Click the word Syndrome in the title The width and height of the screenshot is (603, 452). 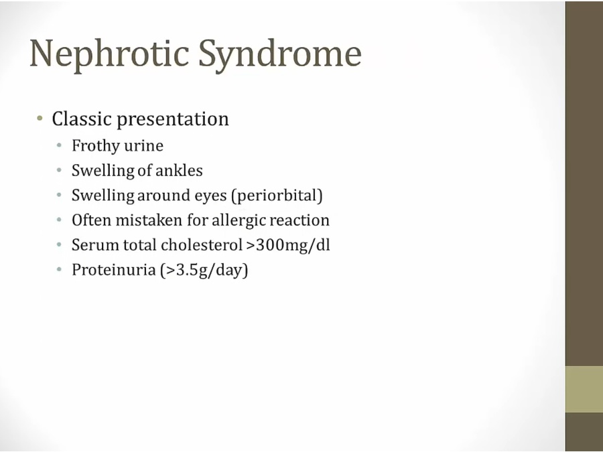click(x=280, y=54)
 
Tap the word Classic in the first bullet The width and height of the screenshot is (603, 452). click(x=82, y=119)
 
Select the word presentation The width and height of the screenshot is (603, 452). click(x=173, y=119)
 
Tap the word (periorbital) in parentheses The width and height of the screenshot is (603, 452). click(x=277, y=196)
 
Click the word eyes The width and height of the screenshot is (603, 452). click(x=211, y=196)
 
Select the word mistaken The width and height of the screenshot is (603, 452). click(x=149, y=220)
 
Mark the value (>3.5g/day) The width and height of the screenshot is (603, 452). click(x=204, y=271)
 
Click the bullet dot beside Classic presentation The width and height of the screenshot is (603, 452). click(x=40, y=118)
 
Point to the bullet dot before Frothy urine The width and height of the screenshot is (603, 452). click(x=59, y=145)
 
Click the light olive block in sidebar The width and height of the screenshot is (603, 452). click(x=584, y=389)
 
